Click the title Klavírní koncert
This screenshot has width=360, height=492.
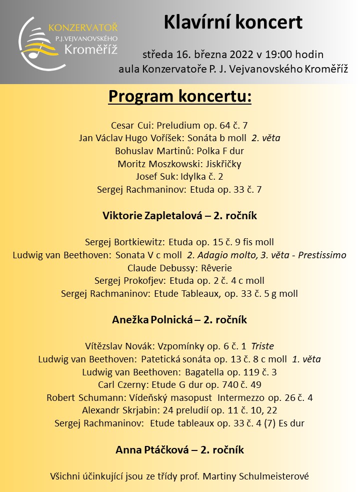(233, 23)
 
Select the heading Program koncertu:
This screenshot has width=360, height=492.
(179, 96)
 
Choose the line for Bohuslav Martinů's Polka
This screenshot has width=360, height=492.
(179, 151)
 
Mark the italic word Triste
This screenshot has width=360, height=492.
(262, 346)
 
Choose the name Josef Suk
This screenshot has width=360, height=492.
(153, 177)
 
